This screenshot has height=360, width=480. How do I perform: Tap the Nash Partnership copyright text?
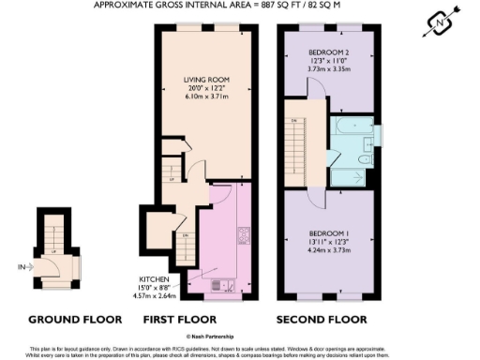[238, 335]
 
